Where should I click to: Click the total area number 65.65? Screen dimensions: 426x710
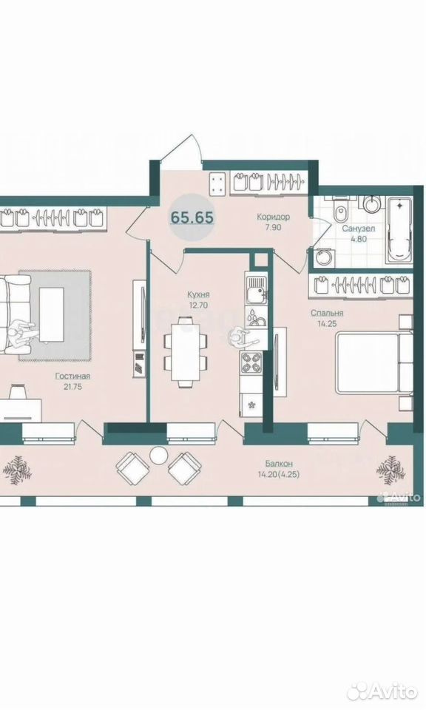pos(192,217)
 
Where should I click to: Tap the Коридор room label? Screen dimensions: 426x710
pos(273,217)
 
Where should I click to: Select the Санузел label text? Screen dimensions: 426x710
pos(358,229)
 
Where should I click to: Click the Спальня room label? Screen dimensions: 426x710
pos(327,313)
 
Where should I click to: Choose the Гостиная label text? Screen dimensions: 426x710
pos(73,376)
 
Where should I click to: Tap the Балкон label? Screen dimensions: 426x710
pos(279,464)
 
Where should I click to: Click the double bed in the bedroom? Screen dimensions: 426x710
pos(373,362)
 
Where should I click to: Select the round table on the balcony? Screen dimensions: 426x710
pos(158,456)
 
